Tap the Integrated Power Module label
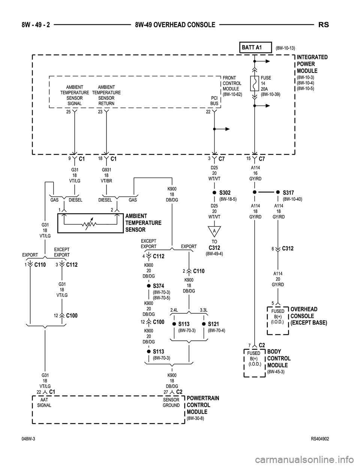pyautogui.click(x=312, y=64)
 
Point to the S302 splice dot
pyautogui.click(x=214, y=192)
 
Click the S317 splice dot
pyautogui.click(x=278, y=191)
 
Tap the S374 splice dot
pyautogui.click(x=148, y=286)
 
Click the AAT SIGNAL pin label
pyautogui.click(x=45, y=403)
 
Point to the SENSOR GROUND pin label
pyautogui.click(x=171, y=403)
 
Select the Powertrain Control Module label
pyautogui.click(x=203, y=405)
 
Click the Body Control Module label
pyautogui.click(x=279, y=358)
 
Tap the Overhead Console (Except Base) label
pyautogui.click(x=309, y=316)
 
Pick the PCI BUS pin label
pyautogui.click(x=214, y=101)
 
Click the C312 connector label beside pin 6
pyautogui.click(x=288, y=248)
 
